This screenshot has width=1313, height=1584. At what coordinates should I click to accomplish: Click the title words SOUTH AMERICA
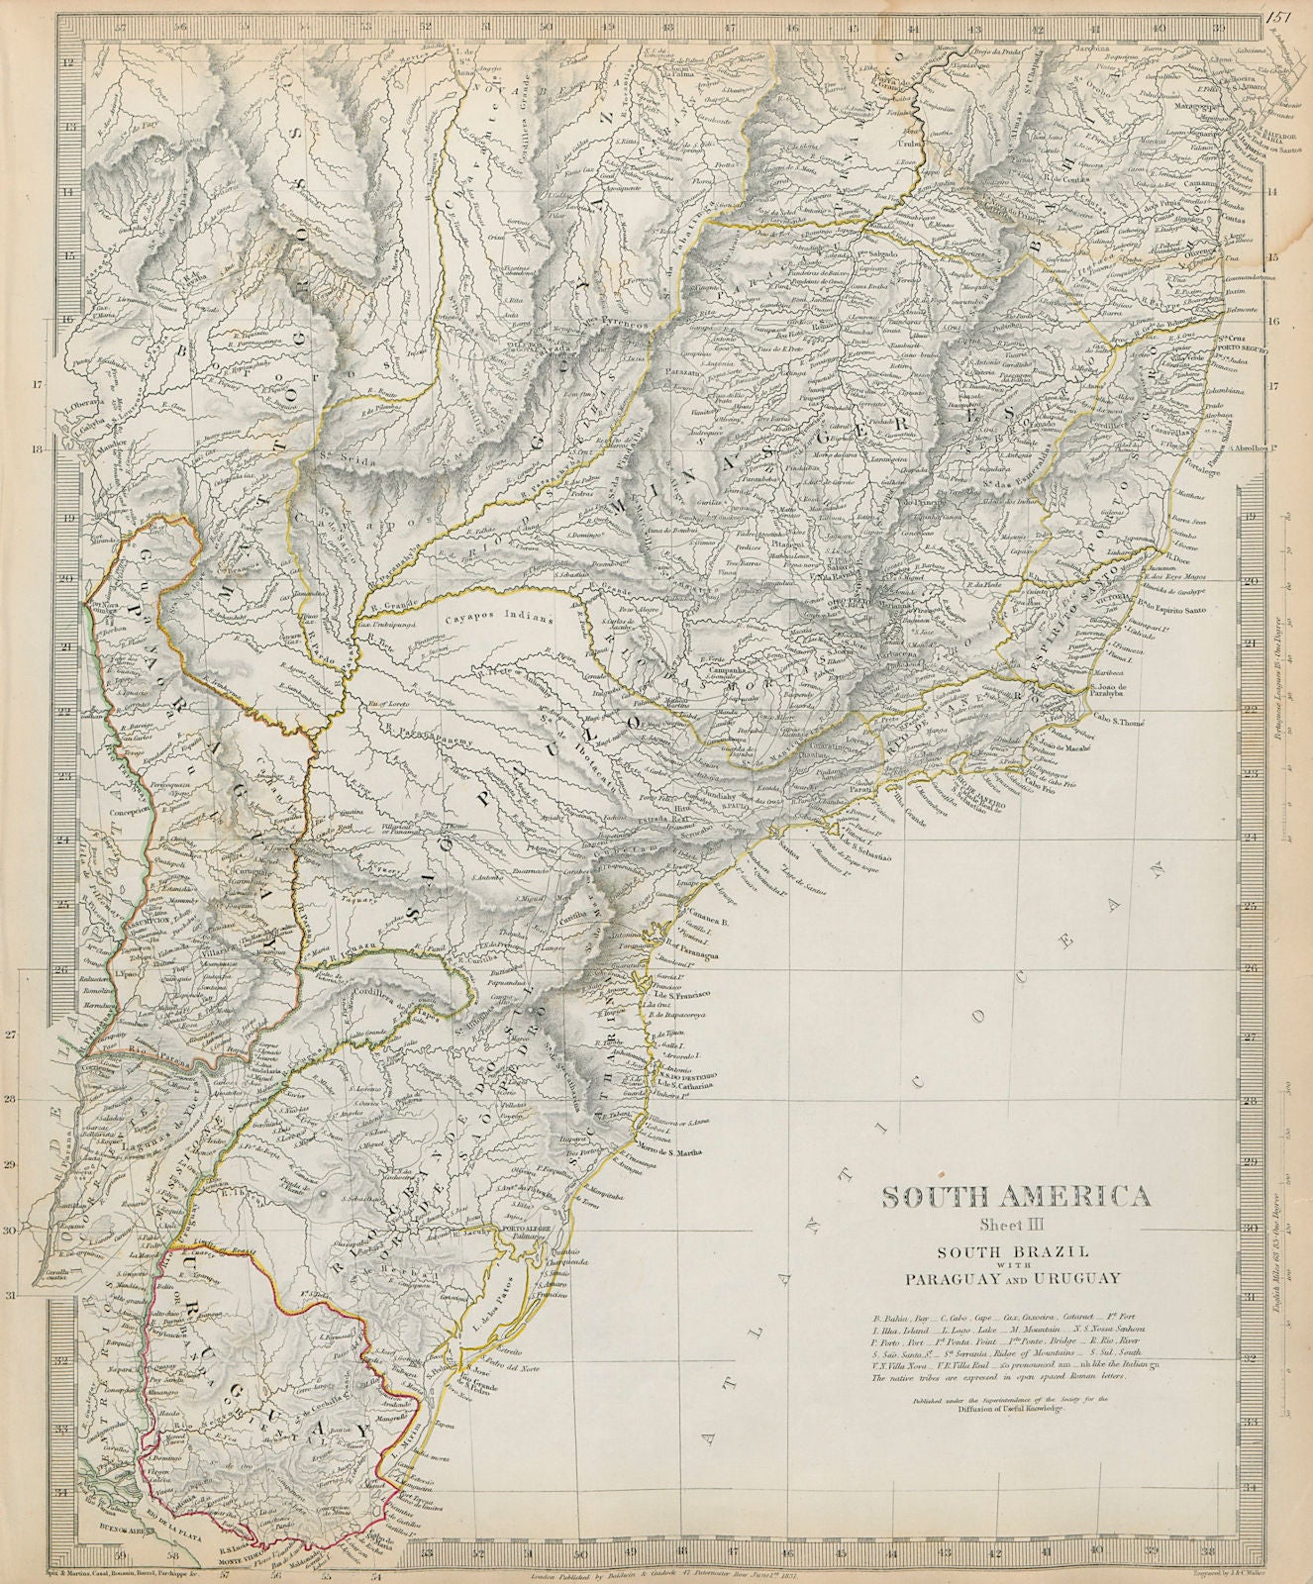pyautogui.click(x=1016, y=1197)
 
